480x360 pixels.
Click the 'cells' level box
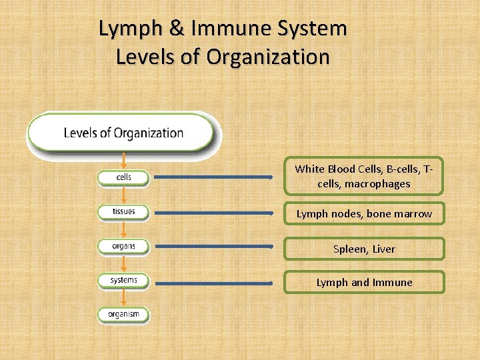(x=124, y=177)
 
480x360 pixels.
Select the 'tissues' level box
(x=124, y=212)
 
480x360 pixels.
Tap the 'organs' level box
(x=124, y=246)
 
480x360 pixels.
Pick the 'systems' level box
(x=124, y=280)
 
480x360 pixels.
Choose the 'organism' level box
(x=124, y=314)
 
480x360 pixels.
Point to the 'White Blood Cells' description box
(x=364, y=177)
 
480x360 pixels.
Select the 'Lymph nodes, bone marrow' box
(x=364, y=214)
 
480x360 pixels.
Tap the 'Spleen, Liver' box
(x=364, y=249)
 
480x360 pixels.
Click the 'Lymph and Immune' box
(x=364, y=282)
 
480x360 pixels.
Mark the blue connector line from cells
(x=213, y=178)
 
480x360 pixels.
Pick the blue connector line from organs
(x=213, y=247)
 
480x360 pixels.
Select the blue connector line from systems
(x=213, y=283)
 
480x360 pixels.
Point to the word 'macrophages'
(x=377, y=184)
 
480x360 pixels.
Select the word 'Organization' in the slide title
(x=268, y=57)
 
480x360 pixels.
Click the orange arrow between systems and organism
(x=123, y=297)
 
